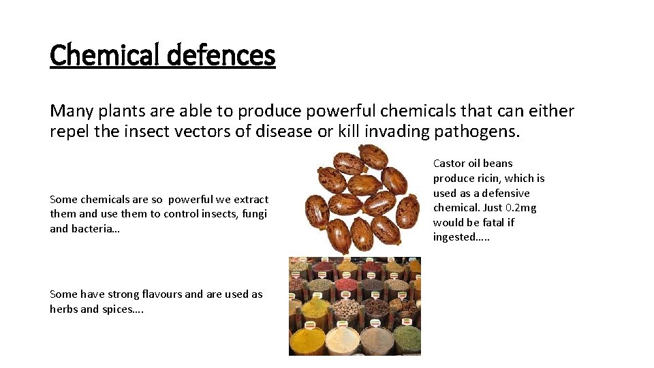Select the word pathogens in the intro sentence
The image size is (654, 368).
coord(478,132)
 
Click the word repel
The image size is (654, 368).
coord(69,132)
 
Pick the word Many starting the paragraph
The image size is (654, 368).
coord(71,110)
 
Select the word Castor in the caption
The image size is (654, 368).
coord(449,163)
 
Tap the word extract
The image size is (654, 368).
coord(251,199)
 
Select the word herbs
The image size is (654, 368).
coord(63,309)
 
